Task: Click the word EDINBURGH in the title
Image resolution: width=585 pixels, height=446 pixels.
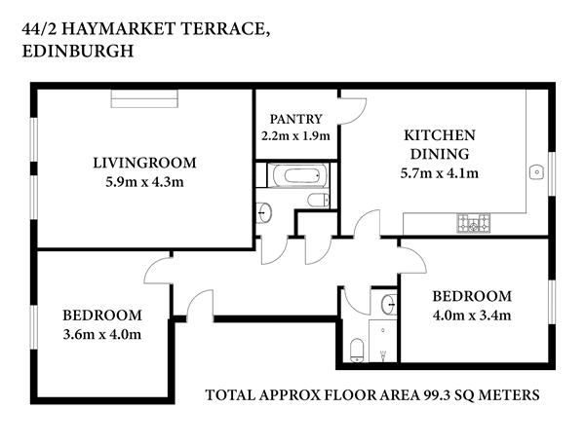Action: click(78, 51)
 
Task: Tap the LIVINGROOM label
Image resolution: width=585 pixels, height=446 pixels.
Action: click(144, 163)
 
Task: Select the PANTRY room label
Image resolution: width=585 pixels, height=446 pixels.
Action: click(295, 119)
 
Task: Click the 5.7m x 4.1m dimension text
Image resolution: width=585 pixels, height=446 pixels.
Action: click(440, 173)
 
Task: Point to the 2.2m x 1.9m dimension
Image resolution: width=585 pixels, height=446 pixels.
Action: click(295, 135)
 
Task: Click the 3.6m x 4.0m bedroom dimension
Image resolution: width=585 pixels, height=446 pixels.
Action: click(101, 334)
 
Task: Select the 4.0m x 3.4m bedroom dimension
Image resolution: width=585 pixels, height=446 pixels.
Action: click(472, 316)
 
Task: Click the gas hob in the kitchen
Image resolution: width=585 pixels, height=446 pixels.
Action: click(474, 223)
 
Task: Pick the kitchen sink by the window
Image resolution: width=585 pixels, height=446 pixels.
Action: click(536, 172)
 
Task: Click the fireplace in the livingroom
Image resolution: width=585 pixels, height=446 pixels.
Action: click(144, 98)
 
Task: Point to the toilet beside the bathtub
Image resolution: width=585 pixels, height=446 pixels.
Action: click(319, 200)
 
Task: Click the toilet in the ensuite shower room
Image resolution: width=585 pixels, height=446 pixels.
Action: click(357, 351)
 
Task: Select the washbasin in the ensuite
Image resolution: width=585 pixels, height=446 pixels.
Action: click(389, 305)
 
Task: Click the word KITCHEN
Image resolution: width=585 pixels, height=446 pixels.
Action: click(440, 135)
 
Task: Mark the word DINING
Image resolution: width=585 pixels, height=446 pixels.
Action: click(440, 154)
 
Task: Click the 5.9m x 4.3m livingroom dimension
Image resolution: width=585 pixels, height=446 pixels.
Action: click(144, 182)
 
